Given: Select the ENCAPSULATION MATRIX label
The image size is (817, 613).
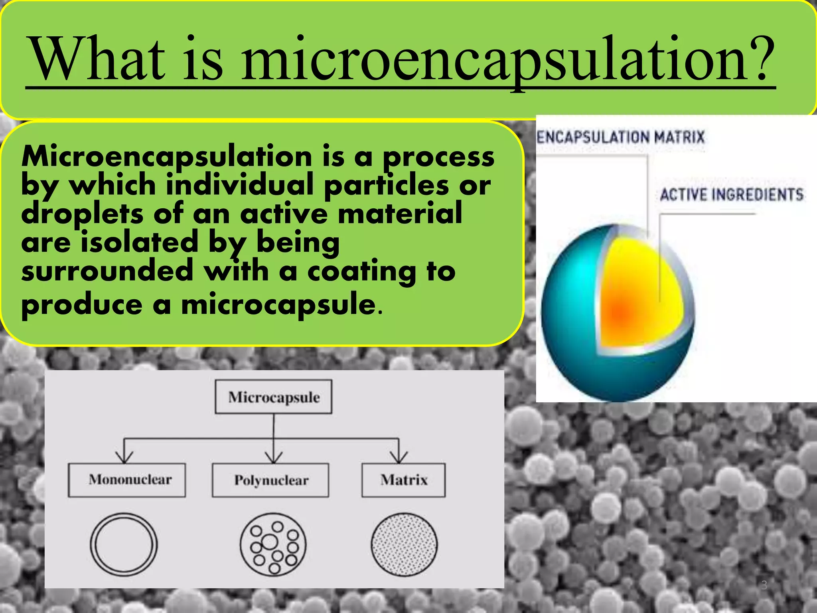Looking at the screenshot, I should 621,137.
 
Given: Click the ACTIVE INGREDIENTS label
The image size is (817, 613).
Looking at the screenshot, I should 732,195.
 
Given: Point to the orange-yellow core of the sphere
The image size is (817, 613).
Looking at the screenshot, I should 634,295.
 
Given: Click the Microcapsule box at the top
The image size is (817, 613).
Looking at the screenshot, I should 274,397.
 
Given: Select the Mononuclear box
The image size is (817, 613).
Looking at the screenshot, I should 127,480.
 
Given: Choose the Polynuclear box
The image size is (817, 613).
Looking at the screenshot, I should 271,480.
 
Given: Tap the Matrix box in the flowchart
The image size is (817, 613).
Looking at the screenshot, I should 403,480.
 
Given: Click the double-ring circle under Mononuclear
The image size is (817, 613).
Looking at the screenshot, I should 124,544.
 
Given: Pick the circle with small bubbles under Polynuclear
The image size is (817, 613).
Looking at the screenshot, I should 273,544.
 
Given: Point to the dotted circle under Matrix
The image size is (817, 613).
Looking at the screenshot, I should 404,544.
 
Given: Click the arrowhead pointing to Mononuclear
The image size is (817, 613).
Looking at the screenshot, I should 124,458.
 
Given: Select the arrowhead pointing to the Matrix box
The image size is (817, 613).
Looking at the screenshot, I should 399,458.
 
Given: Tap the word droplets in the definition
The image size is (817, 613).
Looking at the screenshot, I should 82,214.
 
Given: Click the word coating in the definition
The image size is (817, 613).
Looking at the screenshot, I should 361,271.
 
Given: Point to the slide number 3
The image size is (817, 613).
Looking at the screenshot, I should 764,585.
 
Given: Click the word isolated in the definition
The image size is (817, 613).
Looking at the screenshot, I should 139,243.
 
